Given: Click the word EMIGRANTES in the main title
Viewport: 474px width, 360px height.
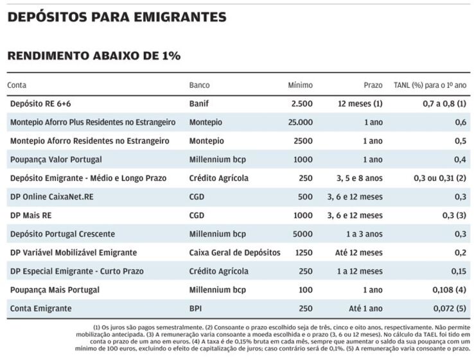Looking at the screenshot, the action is (180, 17).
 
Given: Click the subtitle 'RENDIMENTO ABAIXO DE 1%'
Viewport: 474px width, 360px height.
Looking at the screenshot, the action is (94, 56).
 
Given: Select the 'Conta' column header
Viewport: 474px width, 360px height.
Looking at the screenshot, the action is (17, 85).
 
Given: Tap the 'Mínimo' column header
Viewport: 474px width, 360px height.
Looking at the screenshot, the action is (300, 85).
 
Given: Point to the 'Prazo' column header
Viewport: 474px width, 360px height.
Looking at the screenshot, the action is (373, 85).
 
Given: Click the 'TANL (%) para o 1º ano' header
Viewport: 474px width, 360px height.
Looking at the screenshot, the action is (430, 85).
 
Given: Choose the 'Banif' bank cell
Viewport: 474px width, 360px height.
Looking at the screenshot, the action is (199, 103).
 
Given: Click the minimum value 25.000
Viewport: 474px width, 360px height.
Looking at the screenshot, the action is (301, 123).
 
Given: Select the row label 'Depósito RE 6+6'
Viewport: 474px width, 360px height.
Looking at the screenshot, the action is (40, 104).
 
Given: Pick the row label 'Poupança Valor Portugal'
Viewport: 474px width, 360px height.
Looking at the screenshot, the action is (56, 160).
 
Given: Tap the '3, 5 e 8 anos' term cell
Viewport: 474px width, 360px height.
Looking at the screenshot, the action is (360, 178).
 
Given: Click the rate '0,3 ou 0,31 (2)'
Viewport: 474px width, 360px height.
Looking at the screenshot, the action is (440, 178).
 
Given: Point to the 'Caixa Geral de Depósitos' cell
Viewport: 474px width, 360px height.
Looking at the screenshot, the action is (235, 253).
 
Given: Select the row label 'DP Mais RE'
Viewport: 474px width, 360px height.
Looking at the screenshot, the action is (31, 216).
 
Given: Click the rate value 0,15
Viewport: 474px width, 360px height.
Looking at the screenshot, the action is (459, 271).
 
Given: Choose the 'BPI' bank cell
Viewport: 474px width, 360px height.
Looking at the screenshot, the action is (195, 309).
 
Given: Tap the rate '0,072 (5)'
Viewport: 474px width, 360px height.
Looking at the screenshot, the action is (450, 309).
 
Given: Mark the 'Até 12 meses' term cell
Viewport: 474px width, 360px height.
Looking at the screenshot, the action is (359, 253).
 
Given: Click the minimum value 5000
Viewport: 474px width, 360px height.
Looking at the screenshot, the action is (303, 234).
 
